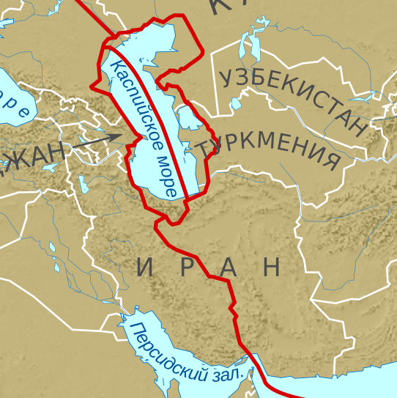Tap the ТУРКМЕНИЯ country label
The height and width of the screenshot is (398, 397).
tap(271, 148)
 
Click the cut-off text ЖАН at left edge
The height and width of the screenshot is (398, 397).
tap(33, 154)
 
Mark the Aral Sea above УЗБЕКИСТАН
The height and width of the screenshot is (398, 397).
tap(250, 48)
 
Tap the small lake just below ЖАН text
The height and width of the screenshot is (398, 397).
tap(51, 167)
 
